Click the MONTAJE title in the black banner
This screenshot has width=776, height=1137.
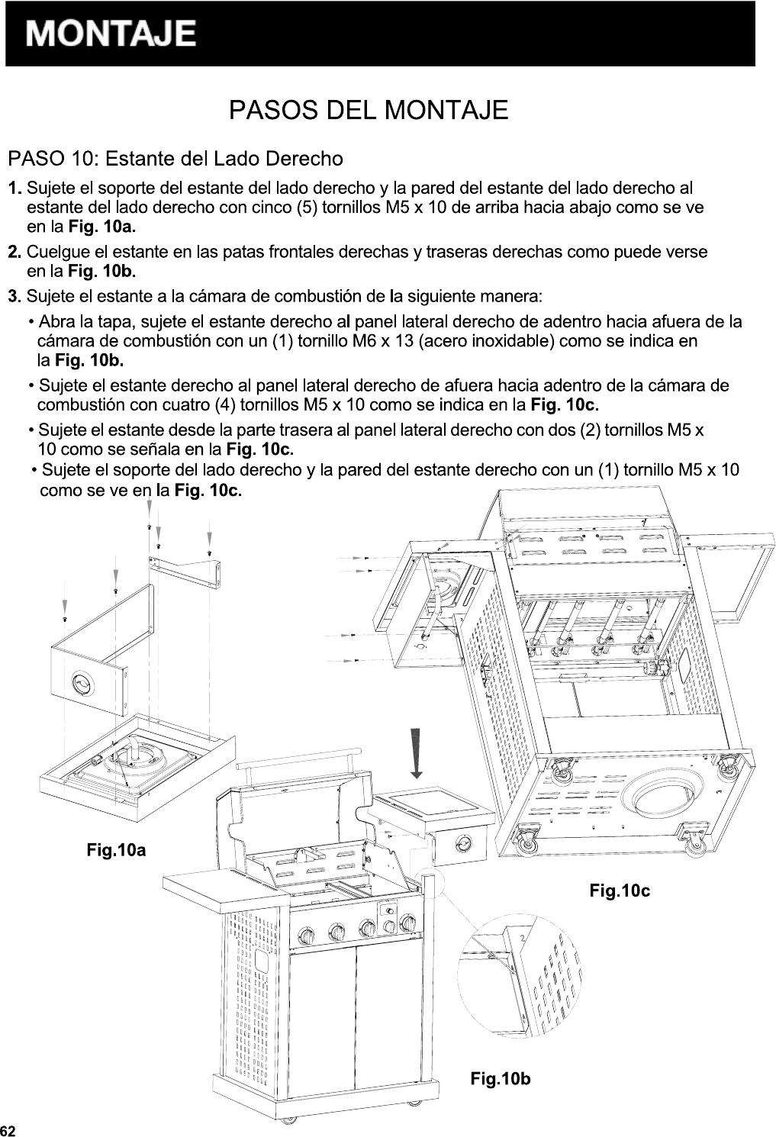coord(111,34)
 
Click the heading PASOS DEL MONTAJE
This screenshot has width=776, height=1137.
coord(369,110)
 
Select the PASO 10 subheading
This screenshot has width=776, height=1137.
coord(175,159)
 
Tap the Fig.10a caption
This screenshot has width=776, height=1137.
coord(116,849)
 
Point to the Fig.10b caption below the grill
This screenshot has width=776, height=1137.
coord(501,1078)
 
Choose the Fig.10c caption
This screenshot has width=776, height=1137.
coord(620,890)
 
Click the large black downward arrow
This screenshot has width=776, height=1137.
coord(416,752)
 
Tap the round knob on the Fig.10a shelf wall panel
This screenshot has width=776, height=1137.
coord(80,683)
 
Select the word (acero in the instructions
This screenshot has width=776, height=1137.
coord(436,340)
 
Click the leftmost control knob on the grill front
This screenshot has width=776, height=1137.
coord(305,935)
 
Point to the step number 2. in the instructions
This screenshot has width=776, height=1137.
coord(14,252)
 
